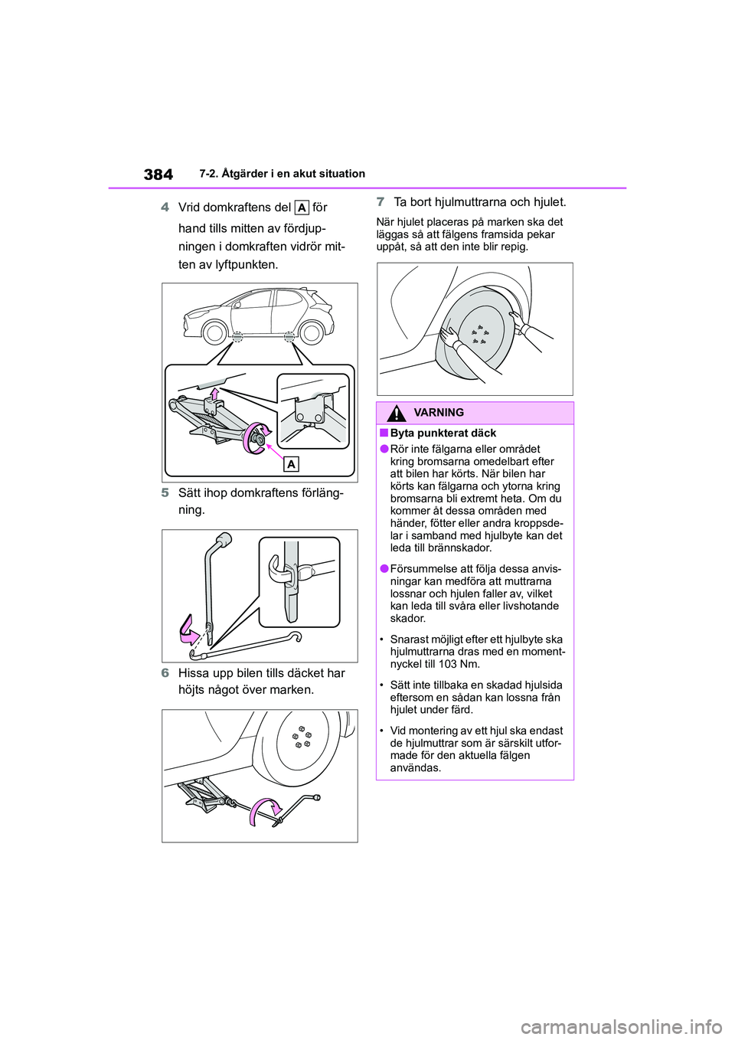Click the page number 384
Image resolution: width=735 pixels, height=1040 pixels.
158,174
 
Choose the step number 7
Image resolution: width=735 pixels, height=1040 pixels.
381,203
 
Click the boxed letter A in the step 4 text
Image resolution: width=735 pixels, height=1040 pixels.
302,208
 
